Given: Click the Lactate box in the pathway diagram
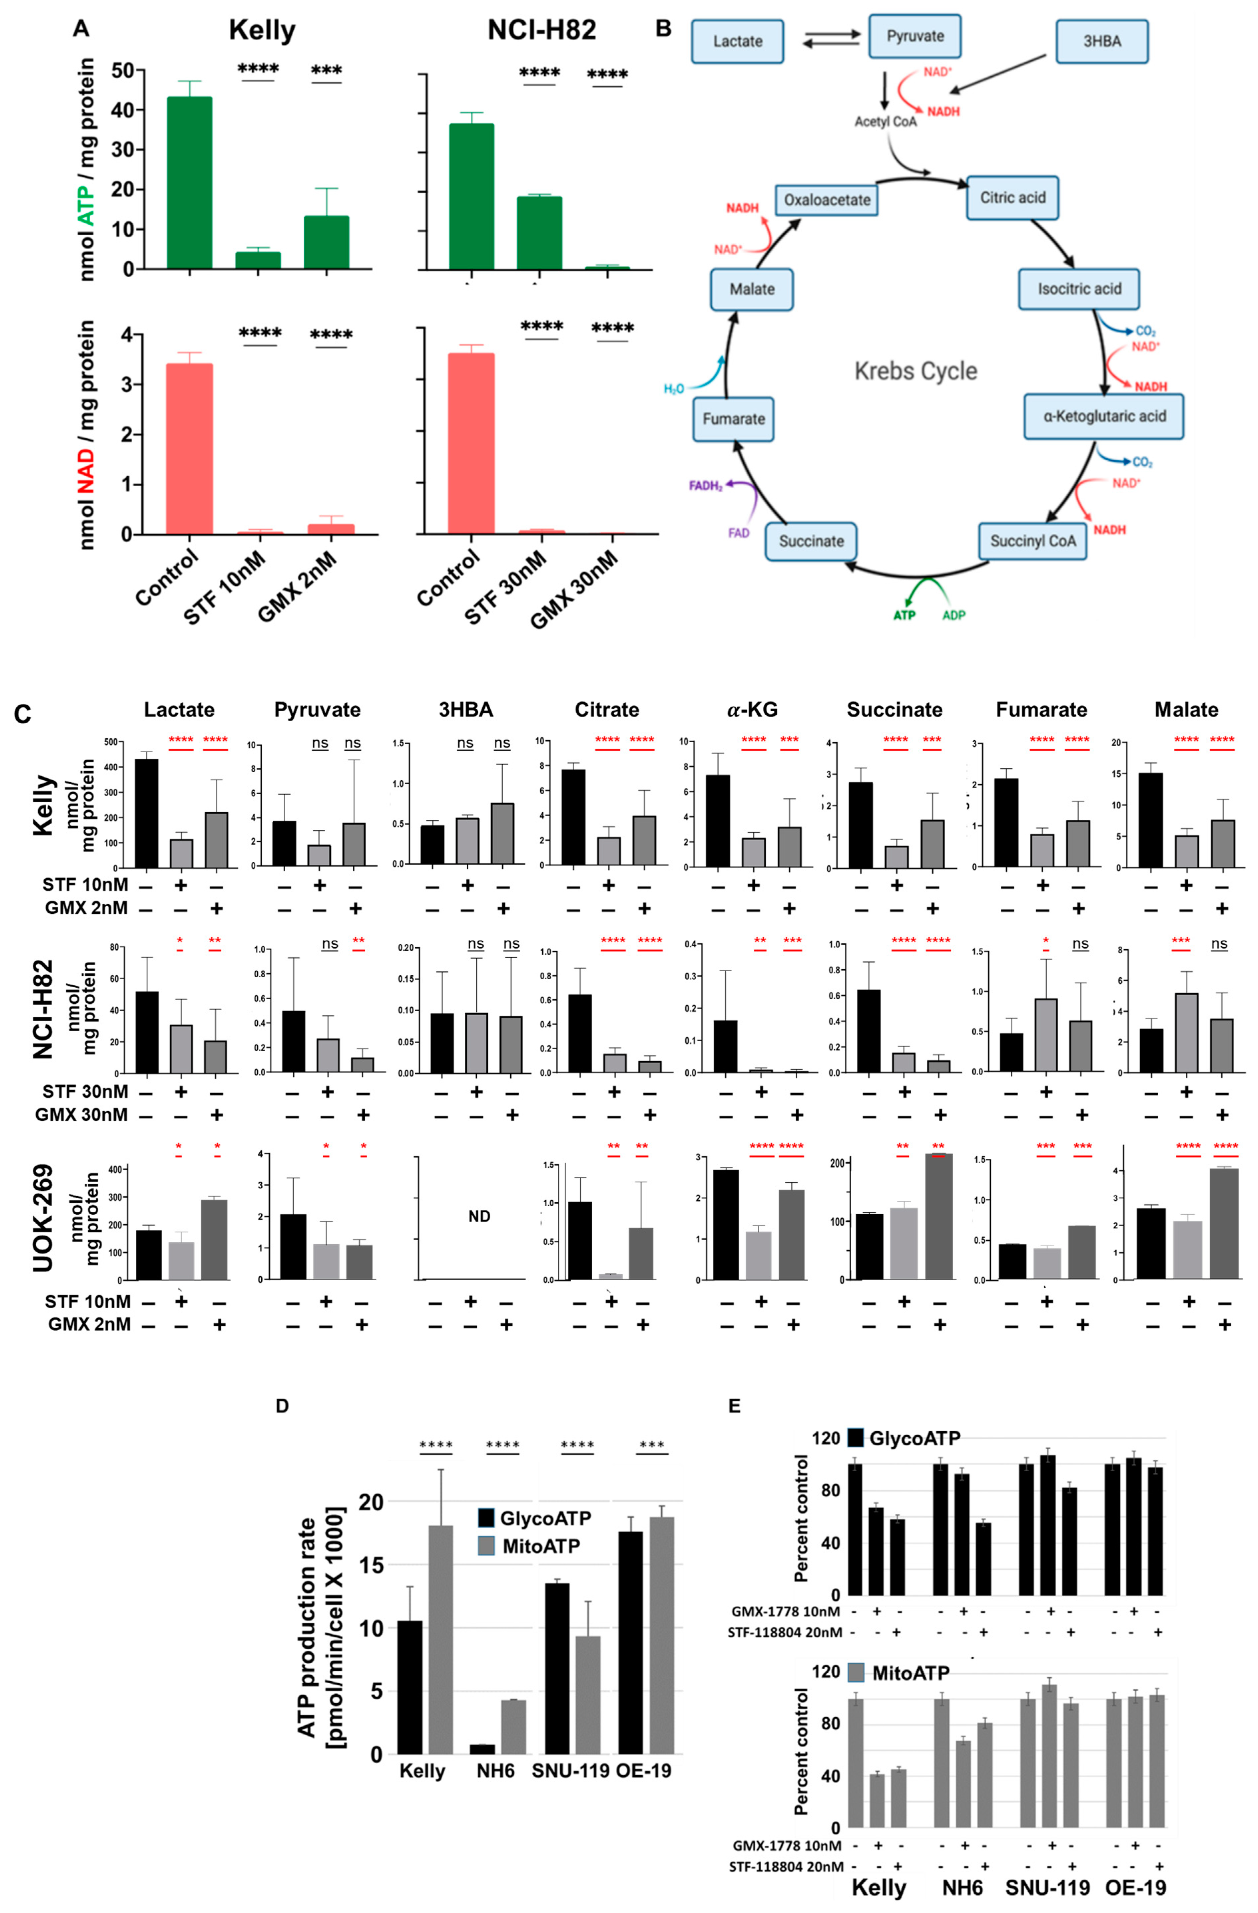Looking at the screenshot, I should (x=737, y=41).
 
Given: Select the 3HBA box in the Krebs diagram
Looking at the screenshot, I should (x=1101, y=41).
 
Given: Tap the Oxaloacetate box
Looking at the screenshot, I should (x=826, y=199).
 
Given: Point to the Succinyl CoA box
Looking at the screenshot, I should (x=1032, y=541).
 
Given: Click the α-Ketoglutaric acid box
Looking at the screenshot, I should (x=1103, y=416).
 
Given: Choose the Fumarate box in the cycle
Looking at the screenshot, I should (x=733, y=419).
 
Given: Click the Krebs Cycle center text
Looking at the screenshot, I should (x=915, y=371).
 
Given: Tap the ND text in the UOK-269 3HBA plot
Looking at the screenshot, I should (x=479, y=1216).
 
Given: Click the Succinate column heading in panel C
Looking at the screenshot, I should (x=894, y=710).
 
